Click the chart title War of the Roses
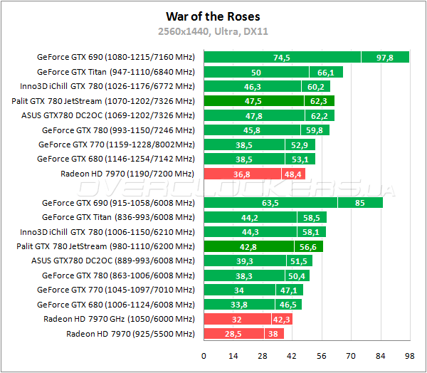(213, 16)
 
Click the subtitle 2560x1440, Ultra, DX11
(213, 31)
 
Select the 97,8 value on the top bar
(385, 58)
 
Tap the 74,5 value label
(282, 58)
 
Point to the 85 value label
(360, 203)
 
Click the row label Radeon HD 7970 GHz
(118, 319)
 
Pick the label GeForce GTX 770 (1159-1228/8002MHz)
(116, 145)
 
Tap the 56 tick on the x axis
(321, 355)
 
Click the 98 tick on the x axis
(408, 355)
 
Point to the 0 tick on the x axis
(204, 355)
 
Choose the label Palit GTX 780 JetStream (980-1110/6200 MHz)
(105, 246)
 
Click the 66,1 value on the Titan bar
(326, 72)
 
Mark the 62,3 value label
(318, 101)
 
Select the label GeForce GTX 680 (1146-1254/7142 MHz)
(115, 159)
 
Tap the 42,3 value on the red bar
(280, 319)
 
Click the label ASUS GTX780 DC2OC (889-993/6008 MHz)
(112, 261)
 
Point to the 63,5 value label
(270, 203)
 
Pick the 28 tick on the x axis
(263, 355)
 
